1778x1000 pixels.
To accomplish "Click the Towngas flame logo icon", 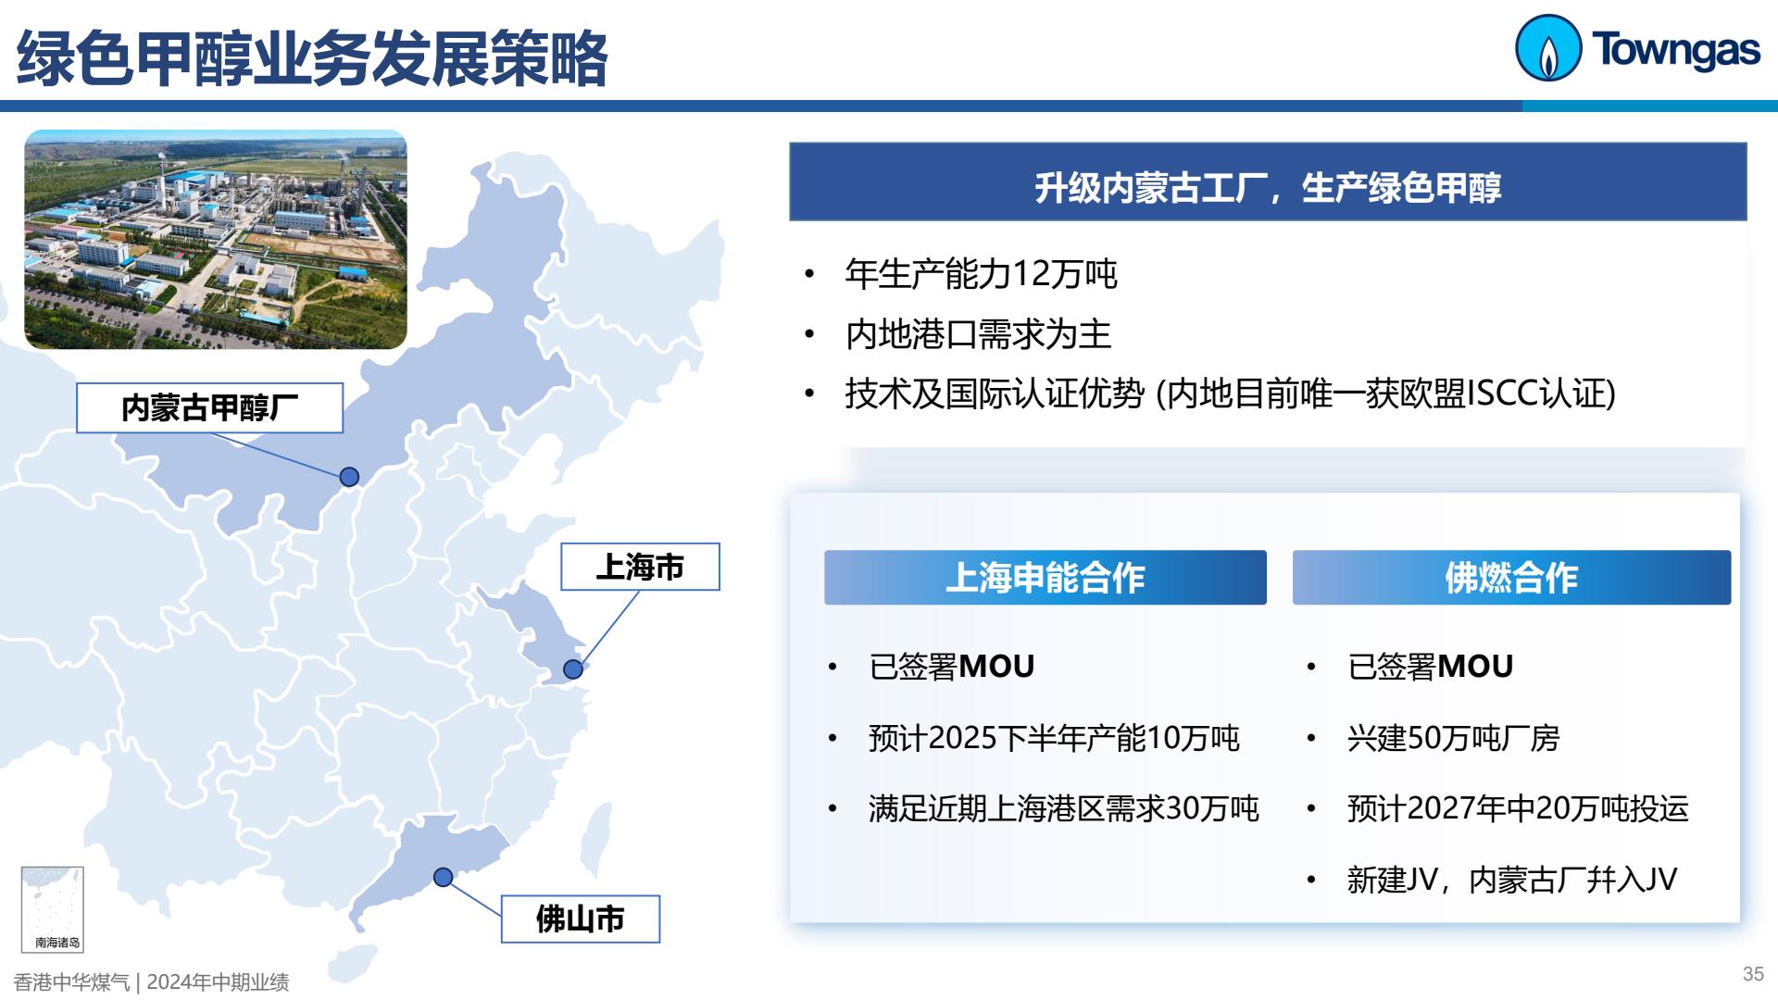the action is pyautogui.click(x=1547, y=48).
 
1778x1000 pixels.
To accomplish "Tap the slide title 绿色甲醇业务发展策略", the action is pyautogui.click(x=312, y=58).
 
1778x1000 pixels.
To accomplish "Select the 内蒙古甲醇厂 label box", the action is pyautogui.click(x=209, y=407).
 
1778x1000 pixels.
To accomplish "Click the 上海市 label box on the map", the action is pyautogui.click(x=640, y=567).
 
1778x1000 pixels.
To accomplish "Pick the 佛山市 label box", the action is pyautogui.click(x=581, y=919).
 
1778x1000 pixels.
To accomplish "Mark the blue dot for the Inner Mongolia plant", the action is pyautogui.click(x=349, y=477).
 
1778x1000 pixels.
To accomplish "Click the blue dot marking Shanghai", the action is pyautogui.click(x=573, y=669).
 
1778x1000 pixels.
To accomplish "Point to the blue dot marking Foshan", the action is pyautogui.click(x=444, y=877).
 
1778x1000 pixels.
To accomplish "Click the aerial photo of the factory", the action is pyautogui.click(x=216, y=240).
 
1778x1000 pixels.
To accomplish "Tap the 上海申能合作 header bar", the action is pyautogui.click(x=1046, y=578).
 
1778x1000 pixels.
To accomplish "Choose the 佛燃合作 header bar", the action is pyautogui.click(x=1511, y=578).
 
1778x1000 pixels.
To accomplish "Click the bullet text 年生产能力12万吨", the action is pyautogui.click(x=982, y=274).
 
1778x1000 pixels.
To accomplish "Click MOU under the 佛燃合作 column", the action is pyautogui.click(x=1475, y=666).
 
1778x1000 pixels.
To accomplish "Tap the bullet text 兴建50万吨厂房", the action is pyautogui.click(x=1453, y=738).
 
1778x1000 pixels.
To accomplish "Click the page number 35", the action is pyautogui.click(x=1753, y=974).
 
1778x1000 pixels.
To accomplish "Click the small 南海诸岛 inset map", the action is pyautogui.click(x=53, y=909).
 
